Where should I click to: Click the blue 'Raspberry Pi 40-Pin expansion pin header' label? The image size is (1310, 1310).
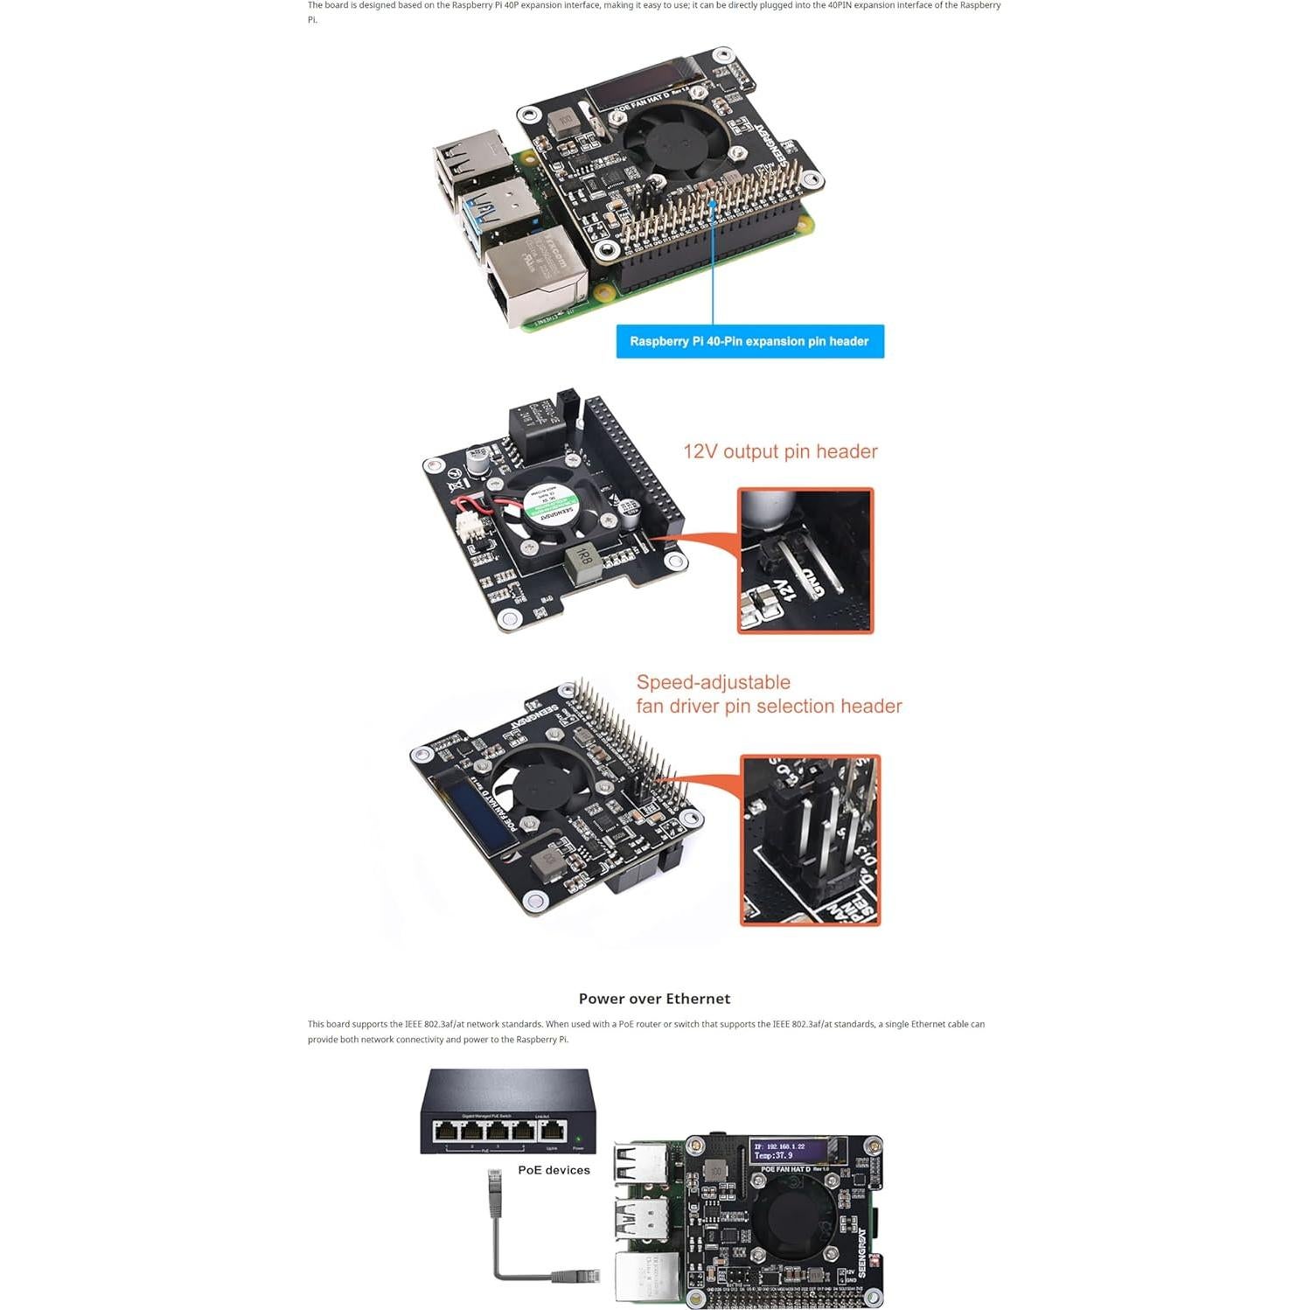pos(749,341)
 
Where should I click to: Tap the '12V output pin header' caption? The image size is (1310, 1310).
pos(780,451)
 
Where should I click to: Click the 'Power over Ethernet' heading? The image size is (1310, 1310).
pos(654,999)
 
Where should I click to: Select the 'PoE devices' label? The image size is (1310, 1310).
pos(554,1170)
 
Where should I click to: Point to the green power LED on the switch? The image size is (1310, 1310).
pos(578,1139)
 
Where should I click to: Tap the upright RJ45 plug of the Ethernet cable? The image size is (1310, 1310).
pos(495,1194)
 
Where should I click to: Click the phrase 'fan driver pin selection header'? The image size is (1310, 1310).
pos(769,706)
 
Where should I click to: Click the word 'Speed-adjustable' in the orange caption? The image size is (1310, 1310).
pos(713,682)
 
